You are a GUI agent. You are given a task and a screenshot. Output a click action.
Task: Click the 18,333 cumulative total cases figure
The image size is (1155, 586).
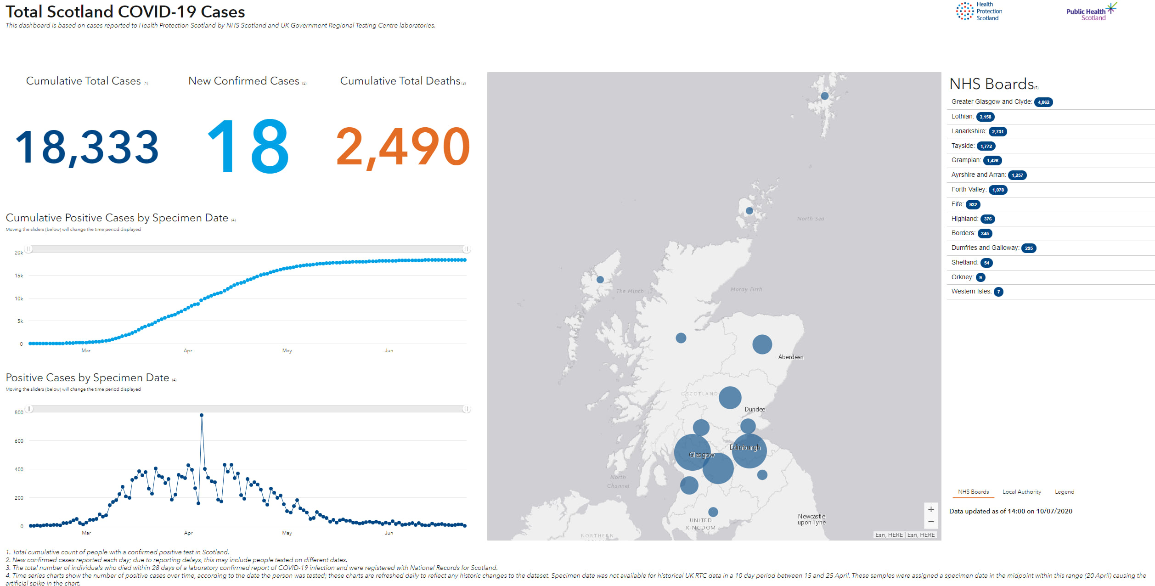coord(87,147)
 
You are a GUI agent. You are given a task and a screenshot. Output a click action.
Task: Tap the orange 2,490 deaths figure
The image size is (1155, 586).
coord(403,147)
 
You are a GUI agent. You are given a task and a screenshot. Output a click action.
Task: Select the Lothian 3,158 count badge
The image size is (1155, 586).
coord(985,117)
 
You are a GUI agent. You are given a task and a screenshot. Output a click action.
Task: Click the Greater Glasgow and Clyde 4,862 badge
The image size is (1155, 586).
coord(1043,102)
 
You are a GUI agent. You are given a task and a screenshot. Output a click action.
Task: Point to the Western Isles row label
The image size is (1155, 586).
coord(971,291)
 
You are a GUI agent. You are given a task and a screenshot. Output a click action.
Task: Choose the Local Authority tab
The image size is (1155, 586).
coord(1021,492)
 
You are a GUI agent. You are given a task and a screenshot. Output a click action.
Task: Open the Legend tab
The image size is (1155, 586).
coord(1064,492)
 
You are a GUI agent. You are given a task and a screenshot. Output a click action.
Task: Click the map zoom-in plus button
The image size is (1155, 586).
coord(931,509)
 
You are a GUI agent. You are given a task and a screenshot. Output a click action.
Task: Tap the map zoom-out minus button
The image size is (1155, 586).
coord(931,522)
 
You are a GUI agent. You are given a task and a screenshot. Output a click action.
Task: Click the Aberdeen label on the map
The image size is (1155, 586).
coord(790,357)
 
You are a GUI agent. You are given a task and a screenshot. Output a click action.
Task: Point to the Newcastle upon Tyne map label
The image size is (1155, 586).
coord(811,519)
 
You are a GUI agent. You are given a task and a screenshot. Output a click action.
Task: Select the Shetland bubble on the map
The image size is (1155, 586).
coord(825,96)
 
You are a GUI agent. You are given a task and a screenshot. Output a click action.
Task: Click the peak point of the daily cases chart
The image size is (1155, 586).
coord(202,415)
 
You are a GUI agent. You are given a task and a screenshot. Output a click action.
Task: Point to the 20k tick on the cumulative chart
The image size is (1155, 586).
coord(18,253)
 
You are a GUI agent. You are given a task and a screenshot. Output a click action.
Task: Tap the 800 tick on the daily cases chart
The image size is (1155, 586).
coord(19,412)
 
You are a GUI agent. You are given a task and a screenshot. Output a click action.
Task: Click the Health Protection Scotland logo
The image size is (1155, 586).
coord(979,11)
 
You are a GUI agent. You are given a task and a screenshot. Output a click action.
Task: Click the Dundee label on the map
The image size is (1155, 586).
coord(755,409)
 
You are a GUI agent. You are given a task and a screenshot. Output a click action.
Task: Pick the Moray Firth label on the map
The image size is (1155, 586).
coord(746,289)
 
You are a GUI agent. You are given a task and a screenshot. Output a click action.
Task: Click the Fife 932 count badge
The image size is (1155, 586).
coord(973,205)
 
